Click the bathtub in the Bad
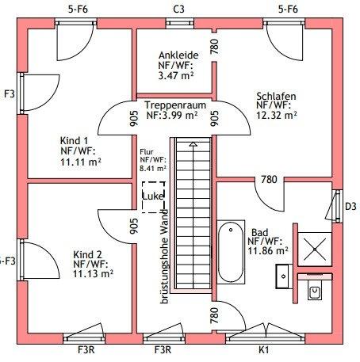[x=231, y=252]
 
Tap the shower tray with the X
[x=315, y=249]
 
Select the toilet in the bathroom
[x=315, y=290]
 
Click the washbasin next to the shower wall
[x=284, y=276]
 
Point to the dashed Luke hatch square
[x=153, y=197]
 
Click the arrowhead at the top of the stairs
[x=193, y=144]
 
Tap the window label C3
[x=178, y=10]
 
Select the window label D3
[x=350, y=206]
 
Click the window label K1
[x=263, y=350]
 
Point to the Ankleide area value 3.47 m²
[x=176, y=76]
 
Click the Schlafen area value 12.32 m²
[x=277, y=115]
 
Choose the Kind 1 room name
[x=74, y=140]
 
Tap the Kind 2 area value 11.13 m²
[x=93, y=274]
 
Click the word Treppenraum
[x=175, y=105]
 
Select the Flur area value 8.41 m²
[x=153, y=168]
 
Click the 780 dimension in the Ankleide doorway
[x=215, y=47]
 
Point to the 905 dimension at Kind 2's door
[x=134, y=226]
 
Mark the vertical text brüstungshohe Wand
[x=164, y=257]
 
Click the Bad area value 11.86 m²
[x=268, y=250]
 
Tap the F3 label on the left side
[x=10, y=93]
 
